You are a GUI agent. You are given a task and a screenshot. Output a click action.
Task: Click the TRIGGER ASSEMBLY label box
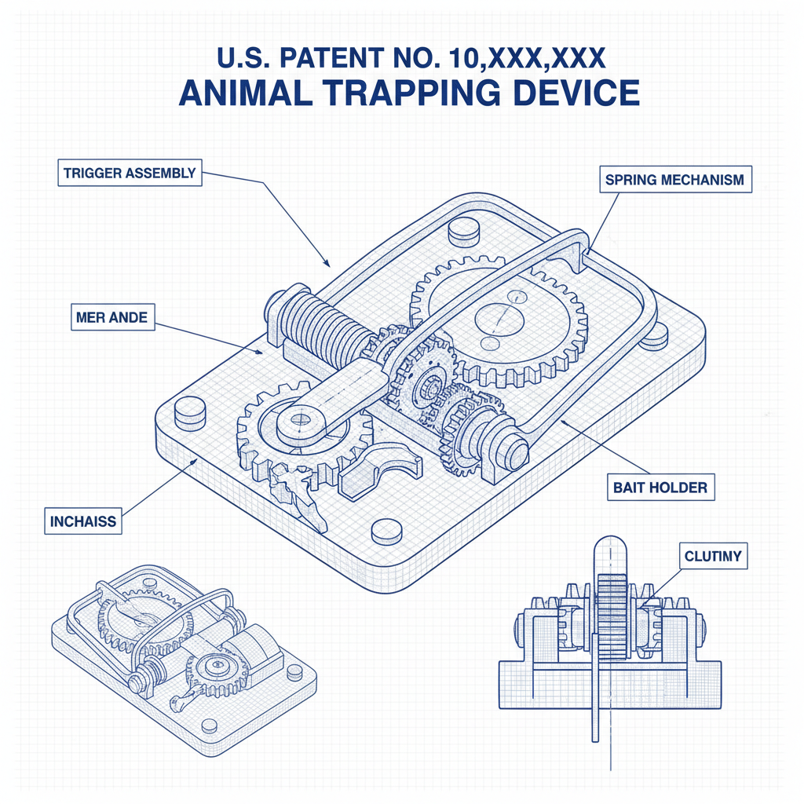click(x=130, y=173)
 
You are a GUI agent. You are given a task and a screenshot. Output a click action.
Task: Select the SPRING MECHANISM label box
click(x=674, y=180)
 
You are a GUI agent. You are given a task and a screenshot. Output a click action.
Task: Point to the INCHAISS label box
click(x=82, y=521)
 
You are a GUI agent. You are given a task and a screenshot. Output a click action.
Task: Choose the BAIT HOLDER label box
click(x=660, y=488)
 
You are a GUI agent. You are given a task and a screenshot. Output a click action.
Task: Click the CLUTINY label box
click(x=712, y=558)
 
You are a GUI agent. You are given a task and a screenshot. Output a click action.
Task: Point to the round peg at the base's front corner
click(x=386, y=532)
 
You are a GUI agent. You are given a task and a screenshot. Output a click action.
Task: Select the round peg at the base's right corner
click(x=653, y=334)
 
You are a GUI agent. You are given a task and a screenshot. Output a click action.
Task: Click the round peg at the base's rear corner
click(x=462, y=230)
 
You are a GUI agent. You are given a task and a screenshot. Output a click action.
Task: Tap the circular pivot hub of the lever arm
click(x=301, y=421)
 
